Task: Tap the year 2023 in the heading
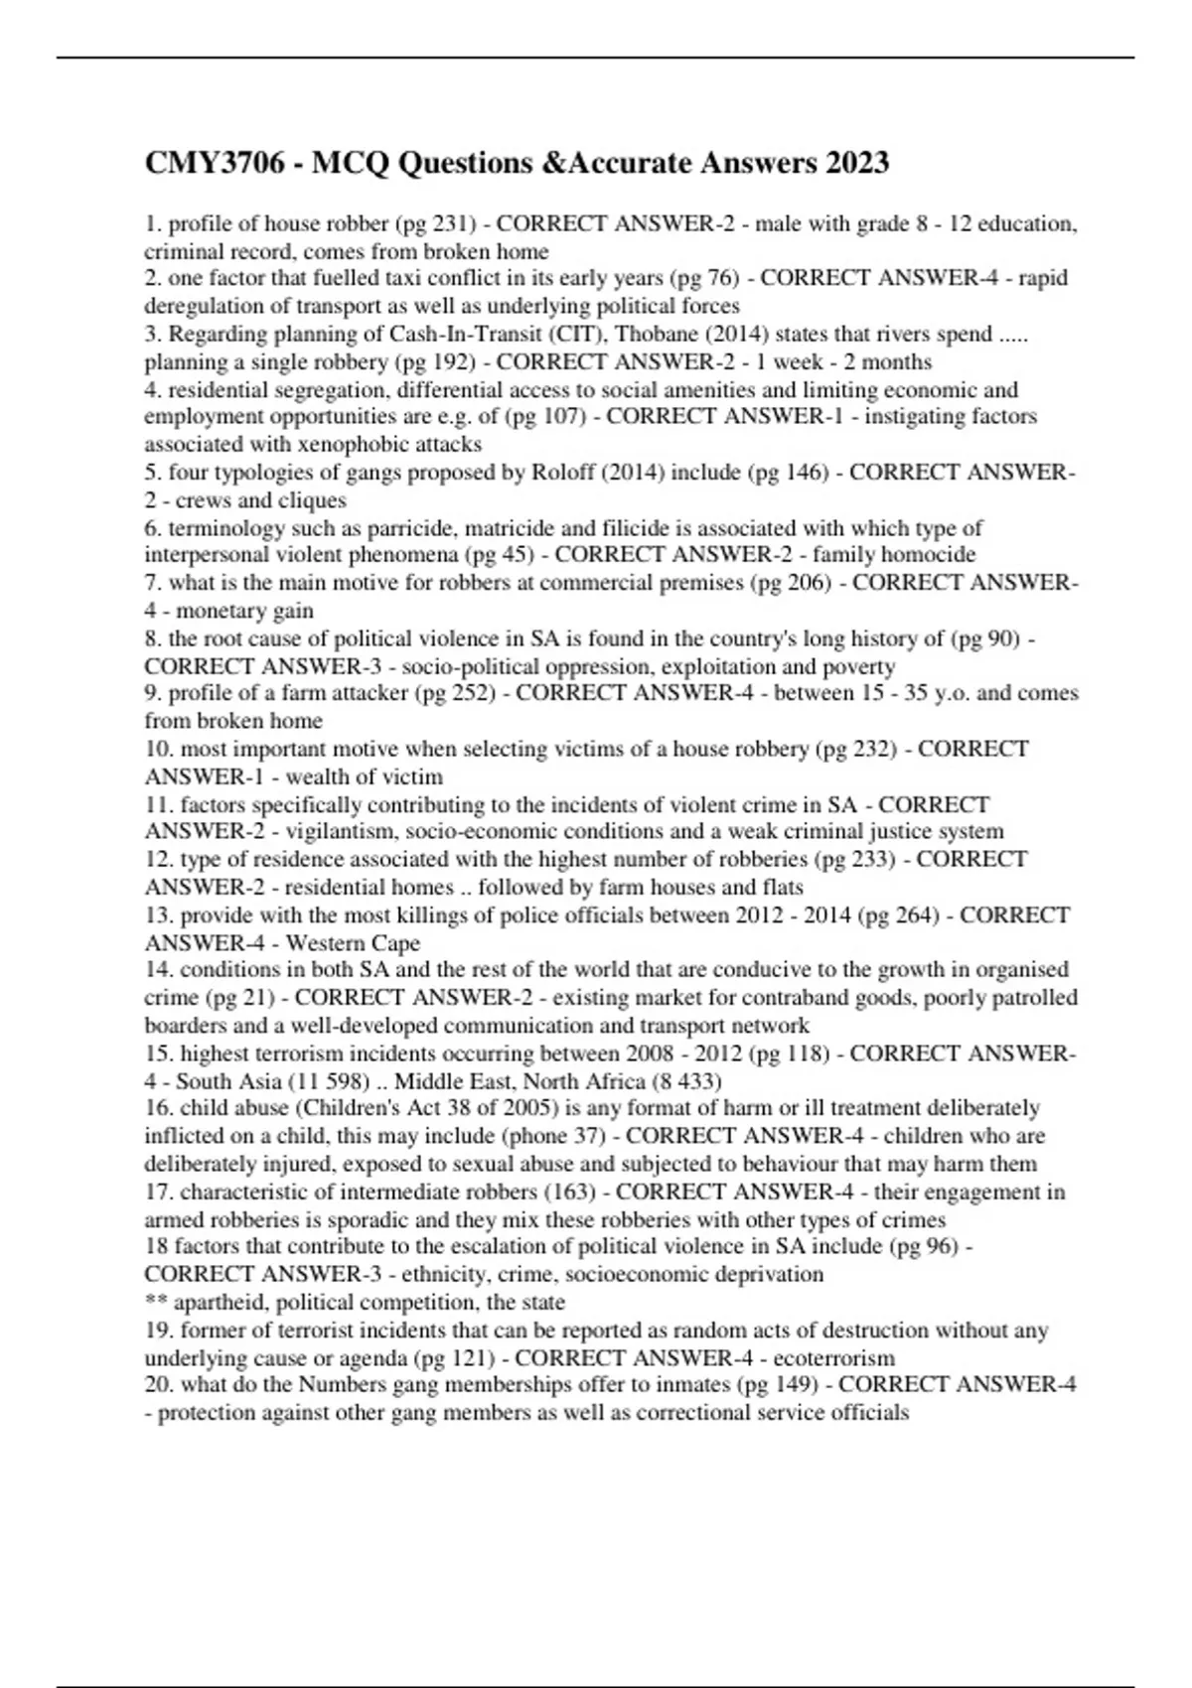tap(855, 163)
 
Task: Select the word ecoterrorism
tap(833, 1358)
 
